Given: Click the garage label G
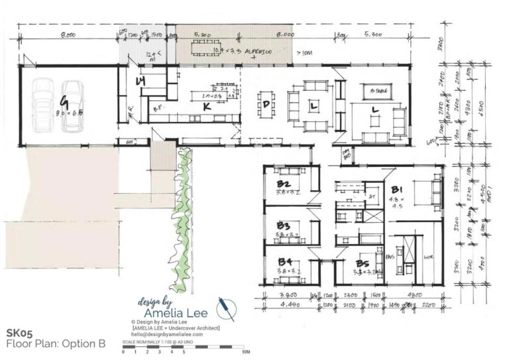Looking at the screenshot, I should (x=64, y=101).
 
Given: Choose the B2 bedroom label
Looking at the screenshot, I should (x=284, y=184).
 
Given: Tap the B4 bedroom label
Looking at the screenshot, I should (x=284, y=262).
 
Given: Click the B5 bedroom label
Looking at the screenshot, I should (x=363, y=262).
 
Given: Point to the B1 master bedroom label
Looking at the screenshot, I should (x=399, y=189).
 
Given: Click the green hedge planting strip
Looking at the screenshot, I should (x=181, y=212).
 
